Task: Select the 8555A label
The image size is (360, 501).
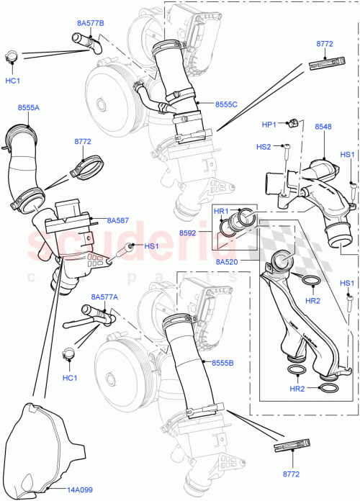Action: [x=29, y=107]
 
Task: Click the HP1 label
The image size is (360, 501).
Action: [x=269, y=125]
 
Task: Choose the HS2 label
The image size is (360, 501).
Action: [x=264, y=147]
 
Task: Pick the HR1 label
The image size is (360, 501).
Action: [x=222, y=211]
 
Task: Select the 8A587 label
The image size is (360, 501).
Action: [x=117, y=221]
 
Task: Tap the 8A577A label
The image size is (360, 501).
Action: [x=104, y=297]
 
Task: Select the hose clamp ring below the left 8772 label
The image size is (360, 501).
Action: [x=86, y=170]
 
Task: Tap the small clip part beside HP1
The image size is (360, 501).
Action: [x=294, y=125]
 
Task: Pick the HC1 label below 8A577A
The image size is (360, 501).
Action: [x=69, y=377]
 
